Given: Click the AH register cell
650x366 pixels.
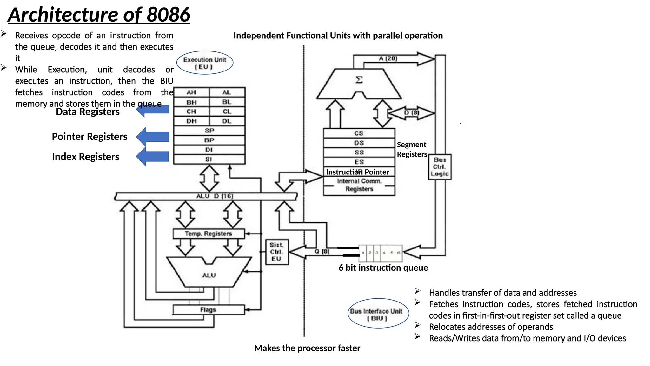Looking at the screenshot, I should [x=191, y=92].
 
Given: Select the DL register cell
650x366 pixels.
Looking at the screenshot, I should [x=227, y=121].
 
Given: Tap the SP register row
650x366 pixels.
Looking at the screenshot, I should [x=209, y=131].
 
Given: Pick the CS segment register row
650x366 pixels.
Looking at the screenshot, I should [x=359, y=133].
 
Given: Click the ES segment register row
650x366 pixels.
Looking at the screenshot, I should [x=359, y=162].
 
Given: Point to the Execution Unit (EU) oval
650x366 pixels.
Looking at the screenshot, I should [x=205, y=63].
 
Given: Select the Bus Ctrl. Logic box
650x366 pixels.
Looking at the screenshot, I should [x=440, y=167].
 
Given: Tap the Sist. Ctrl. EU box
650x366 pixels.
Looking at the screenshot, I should [x=276, y=252].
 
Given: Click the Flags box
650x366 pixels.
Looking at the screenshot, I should [x=208, y=309].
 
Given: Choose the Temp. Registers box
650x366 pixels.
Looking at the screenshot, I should [x=209, y=234].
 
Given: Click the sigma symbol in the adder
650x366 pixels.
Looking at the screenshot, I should [x=359, y=79].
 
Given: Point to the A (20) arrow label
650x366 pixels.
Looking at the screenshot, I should [x=388, y=58].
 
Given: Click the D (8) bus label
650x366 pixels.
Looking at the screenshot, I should [x=411, y=112].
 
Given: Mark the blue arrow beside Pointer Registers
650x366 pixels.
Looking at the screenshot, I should [x=153, y=137].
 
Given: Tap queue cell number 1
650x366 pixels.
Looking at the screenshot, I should [x=363, y=253].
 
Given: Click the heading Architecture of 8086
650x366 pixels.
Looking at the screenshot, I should [x=99, y=15].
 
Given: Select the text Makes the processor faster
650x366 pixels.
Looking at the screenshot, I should [x=307, y=348].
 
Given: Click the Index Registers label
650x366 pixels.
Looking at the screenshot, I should [x=85, y=157].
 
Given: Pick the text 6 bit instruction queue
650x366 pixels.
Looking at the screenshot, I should [x=383, y=268].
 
